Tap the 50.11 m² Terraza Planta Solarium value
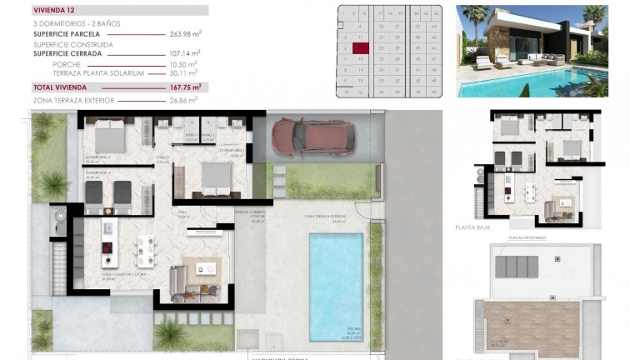[x=182, y=73]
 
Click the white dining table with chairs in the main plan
[x=145, y=248]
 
